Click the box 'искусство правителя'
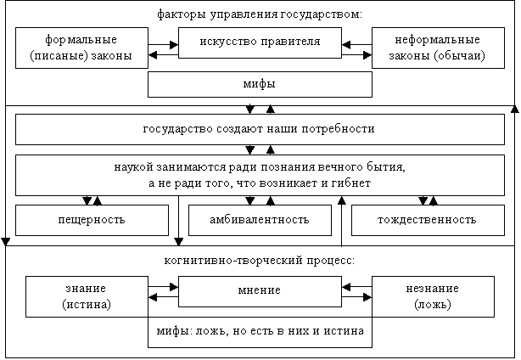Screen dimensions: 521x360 pos(260,43)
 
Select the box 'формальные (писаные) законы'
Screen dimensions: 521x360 pos(81,48)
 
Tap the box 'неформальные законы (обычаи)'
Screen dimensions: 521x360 pos(438,48)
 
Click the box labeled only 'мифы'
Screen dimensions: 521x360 pos(260,84)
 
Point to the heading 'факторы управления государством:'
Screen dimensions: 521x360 pos(260,14)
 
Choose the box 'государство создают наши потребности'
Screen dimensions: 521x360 pos(260,129)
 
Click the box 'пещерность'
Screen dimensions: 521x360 pos(92,220)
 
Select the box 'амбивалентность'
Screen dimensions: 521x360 pos(260,220)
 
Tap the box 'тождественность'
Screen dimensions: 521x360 pos(428,220)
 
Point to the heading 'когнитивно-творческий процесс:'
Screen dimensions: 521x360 pos(260,261)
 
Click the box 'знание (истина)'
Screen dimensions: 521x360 pos(87,296)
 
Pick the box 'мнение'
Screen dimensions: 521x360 pos(260,291)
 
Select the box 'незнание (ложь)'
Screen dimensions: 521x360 pos(433,296)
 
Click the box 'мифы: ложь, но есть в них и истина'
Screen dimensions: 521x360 pos(260,332)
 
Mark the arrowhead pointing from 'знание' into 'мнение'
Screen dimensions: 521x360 pos(174,286)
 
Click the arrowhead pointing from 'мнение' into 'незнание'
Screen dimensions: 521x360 pos(367,297)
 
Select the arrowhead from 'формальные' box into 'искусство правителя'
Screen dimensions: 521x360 pos(174,44)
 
